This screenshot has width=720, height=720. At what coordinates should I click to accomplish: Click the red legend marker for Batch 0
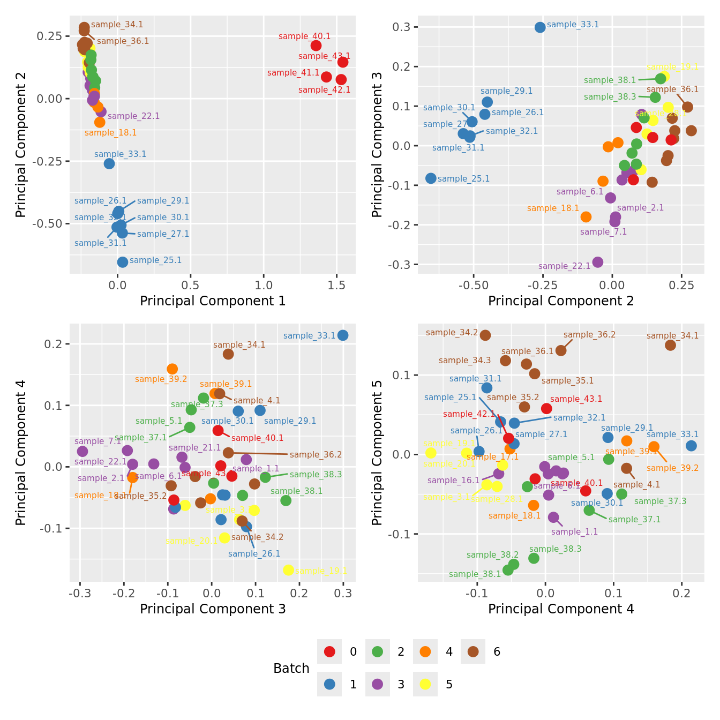[x=329, y=651]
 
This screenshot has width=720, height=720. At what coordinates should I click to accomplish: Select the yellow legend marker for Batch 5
[x=425, y=684]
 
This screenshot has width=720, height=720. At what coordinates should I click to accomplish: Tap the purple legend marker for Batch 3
[x=377, y=684]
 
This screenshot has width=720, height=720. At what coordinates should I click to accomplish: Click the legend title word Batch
[x=291, y=669]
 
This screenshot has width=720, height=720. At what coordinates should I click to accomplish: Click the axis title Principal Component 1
[x=213, y=301]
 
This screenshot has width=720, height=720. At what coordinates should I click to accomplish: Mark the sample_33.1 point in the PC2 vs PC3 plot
[x=540, y=27]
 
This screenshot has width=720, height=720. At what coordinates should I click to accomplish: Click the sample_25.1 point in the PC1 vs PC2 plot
[x=123, y=262]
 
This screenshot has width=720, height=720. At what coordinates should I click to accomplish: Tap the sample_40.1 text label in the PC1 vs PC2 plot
[x=305, y=36]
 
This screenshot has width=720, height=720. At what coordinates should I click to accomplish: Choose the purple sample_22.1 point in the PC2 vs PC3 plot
[x=598, y=262]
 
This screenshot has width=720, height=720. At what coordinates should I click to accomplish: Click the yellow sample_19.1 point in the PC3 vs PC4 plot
[x=288, y=570]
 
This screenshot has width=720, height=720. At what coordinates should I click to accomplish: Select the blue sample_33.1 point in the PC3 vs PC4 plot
[x=343, y=335]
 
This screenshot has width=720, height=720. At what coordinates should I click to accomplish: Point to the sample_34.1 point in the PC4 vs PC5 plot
[x=670, y=345]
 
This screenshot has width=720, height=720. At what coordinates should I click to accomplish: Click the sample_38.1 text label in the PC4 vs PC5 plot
[x=475, y=574]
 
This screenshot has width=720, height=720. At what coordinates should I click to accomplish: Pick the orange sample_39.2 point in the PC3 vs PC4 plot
[x=172, y=369]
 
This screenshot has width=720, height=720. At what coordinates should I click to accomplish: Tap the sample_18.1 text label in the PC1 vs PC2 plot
[x=111, y=133]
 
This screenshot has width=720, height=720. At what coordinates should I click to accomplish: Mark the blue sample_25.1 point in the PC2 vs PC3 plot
[x=431, y=178]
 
